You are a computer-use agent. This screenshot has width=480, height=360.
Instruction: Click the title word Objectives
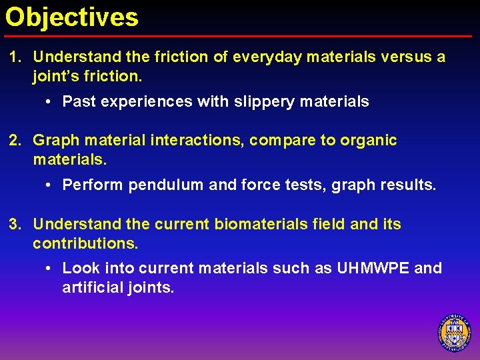[72, 17]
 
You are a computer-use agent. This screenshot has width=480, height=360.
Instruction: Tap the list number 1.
[15, 57]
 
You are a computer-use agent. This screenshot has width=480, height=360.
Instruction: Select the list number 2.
[15, 141]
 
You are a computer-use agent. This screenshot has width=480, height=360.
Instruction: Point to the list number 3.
[15, 225]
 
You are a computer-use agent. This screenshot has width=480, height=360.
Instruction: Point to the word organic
[369, 141]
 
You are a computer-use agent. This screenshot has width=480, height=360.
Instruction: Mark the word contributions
[85, 244]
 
